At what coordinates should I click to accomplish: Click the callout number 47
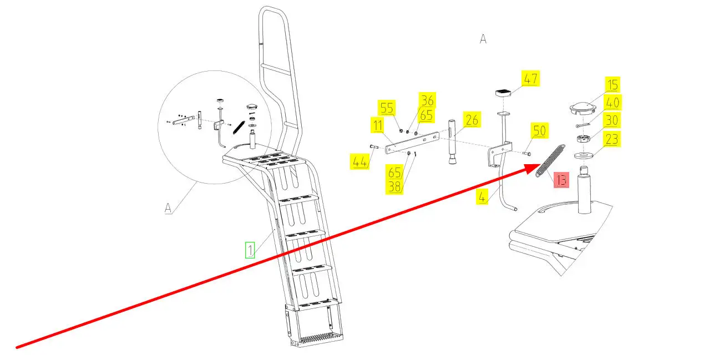click(530, 79)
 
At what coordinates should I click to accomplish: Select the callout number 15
click(612, 85)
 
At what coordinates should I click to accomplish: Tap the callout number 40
click(612, 103)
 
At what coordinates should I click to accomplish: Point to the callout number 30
click(611, 120)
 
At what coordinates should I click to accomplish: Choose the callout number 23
click(611, 139)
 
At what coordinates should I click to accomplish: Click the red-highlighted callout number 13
click(561, 180)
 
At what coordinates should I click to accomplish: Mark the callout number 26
click(471, 120)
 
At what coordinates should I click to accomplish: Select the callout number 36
click(427, 100)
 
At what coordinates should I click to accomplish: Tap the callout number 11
click(377, 126)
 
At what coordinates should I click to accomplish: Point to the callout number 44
click(360, 162)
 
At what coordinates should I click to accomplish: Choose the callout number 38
click(394, 187)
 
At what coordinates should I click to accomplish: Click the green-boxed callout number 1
click(250, 250)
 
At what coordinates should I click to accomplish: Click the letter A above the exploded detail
click(483, 39)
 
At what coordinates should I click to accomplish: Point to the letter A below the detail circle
click(168, 208)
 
